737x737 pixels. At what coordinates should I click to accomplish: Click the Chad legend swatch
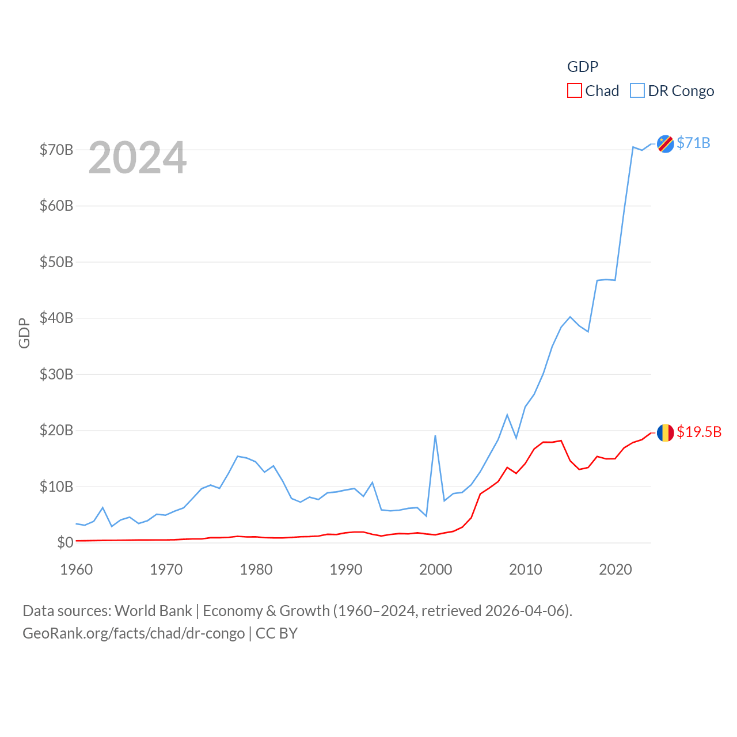[574, 91]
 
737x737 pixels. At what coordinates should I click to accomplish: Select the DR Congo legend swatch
[637, 91]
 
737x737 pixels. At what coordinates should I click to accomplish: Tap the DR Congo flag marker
[665, 144]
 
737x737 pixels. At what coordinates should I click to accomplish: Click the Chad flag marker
[665, 432]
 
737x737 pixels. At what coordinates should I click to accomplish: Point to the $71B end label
[693, 143]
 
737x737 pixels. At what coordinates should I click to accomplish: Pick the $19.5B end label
[699, 432]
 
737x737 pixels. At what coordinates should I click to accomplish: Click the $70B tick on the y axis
[56, 150]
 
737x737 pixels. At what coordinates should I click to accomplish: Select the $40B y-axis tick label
[56, 318]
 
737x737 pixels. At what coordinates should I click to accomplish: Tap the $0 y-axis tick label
[65, 542]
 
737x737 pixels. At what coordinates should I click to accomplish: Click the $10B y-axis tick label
[56, 487]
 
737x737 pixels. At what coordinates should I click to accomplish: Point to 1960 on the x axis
[77, 569]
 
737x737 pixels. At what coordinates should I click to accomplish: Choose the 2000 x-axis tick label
[436, 569]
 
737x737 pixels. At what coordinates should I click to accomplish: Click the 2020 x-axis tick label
[616, 569]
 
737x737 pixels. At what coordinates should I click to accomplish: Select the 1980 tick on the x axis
[256, 569]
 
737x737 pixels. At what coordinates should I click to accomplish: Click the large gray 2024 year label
[138, 158]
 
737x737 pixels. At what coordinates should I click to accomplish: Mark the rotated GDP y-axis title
[24, 333]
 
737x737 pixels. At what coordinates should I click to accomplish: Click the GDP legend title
[583, 67]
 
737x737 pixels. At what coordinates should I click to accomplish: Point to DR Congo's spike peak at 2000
[435, 436]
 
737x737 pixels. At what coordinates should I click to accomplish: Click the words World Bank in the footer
[153, 611]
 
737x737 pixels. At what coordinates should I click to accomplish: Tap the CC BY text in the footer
[276, 633]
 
